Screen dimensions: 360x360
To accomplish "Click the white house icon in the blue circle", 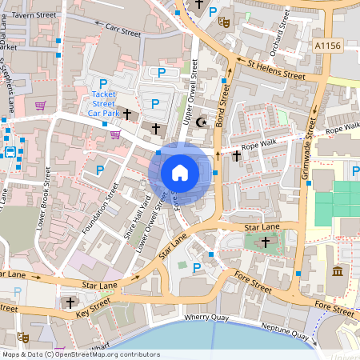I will tap(180, 172).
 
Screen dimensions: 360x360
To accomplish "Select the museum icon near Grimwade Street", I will tap(338, 272).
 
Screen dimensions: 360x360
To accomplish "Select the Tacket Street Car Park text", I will tap(102, 103).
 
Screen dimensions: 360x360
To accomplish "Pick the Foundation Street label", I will tap(102, 212).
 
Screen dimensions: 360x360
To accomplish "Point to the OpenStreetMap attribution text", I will tap(81, 354).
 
